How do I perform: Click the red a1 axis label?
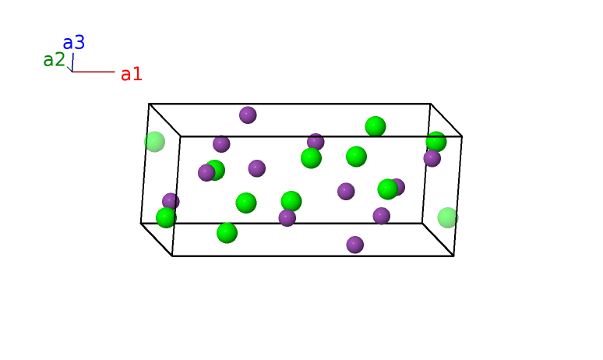coord(132,74)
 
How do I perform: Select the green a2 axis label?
coord(55,60)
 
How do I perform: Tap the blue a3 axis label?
coord(74,42)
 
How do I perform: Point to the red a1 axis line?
coord(93,72)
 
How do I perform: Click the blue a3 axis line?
coord(72,62)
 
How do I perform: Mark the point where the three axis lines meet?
coord(72,72)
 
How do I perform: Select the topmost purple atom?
coord(248,115)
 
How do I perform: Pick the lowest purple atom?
coord(354,245)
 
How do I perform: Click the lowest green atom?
coord(227,233)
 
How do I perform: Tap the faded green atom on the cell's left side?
coord(154,142)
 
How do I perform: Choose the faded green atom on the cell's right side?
coord(448,217)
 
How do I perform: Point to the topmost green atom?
coord(376,126)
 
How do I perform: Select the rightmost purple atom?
coord(432,158)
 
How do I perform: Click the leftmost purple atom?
coord(171,202)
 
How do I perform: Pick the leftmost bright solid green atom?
coord(166,217)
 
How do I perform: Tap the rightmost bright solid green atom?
coord(436,142)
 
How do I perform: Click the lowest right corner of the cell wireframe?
coord(453,256)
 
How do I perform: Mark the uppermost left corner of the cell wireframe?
coord(150,104)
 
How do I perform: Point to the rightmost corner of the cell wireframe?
coord(462,136)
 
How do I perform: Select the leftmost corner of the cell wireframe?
coord(141,223)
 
